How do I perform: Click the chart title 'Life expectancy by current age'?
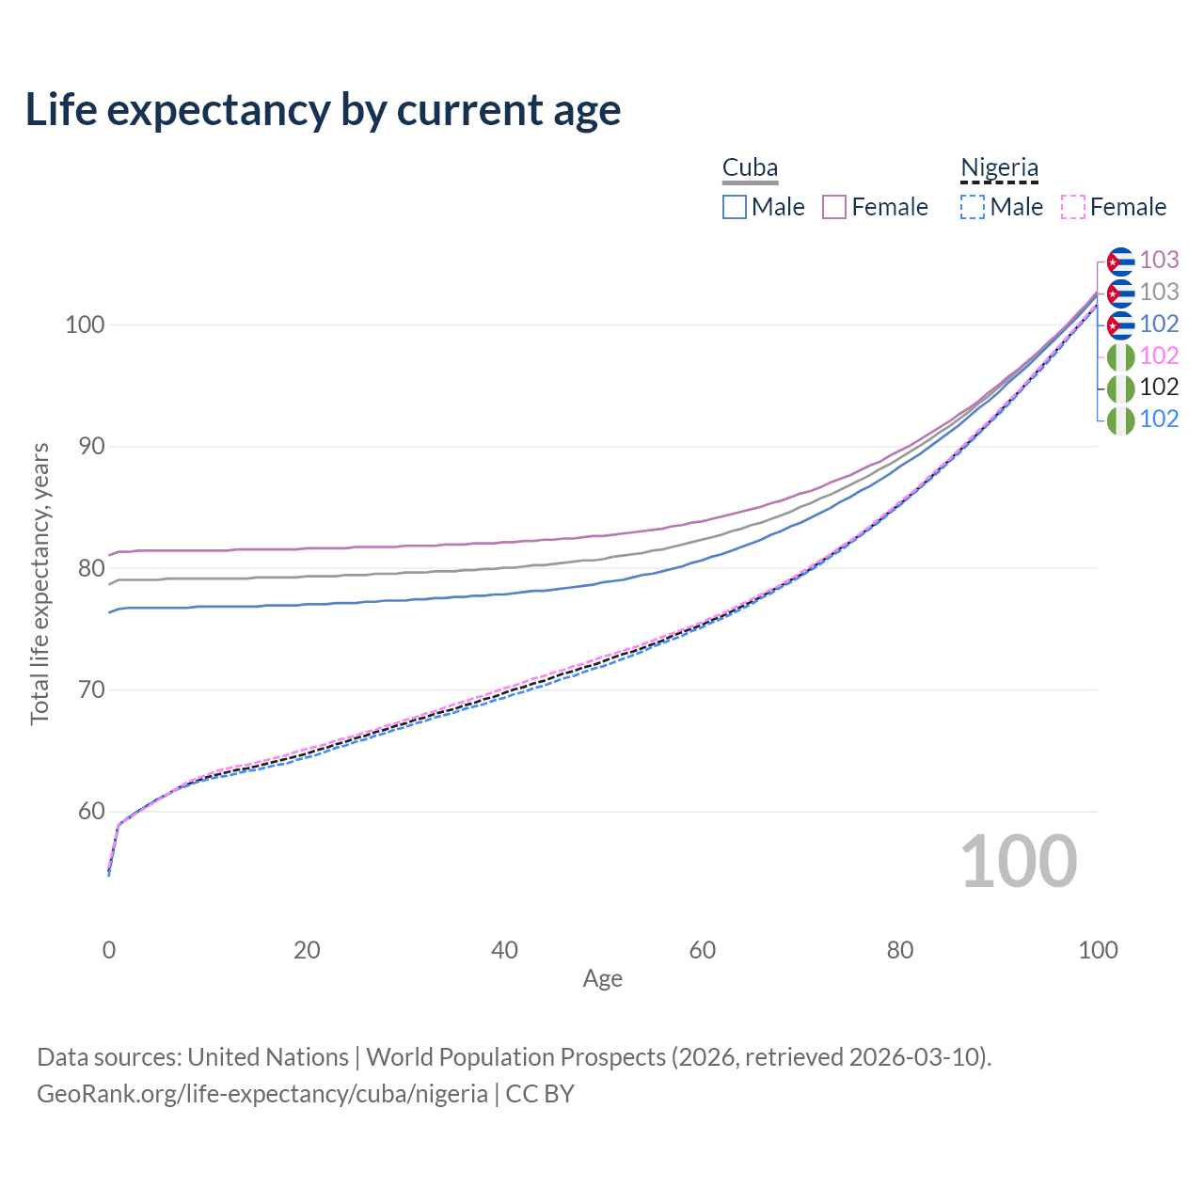[323, 110]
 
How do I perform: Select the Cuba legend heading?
[750, 168]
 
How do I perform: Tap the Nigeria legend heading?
[999, 168]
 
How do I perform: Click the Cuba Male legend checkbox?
[735, 207]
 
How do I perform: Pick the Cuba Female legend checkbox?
[834, 207]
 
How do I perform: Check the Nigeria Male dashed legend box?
[973, 207]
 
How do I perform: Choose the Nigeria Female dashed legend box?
[1073, 207]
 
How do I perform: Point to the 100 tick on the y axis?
[84, 325]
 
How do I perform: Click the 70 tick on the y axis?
[90, 690]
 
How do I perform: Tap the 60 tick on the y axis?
[90, 812]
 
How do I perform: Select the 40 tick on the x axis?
[504, 950]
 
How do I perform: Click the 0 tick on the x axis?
[109, 950]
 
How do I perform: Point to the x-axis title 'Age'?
[602, 979]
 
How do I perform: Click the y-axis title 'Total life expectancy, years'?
[40, 583]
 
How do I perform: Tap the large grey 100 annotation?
[1019, 862]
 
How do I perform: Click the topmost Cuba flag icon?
[1120, 261]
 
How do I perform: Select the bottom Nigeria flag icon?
[1120, 420]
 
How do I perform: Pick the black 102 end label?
[1159, 387]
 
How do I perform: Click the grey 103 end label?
[1159, 292]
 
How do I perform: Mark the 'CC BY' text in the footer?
[540, 1094]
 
